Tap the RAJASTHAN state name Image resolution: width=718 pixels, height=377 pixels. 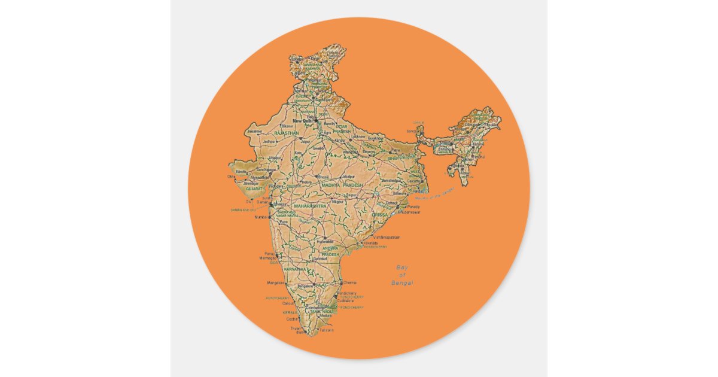(x=286, y=133)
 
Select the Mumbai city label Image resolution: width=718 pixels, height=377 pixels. (x=261, y=217)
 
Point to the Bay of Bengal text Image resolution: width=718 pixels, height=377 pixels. (x=401, y=275)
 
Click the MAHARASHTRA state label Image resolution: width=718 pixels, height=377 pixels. (x=311, y=206)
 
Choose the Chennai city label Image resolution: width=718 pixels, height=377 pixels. (x=350, y=282)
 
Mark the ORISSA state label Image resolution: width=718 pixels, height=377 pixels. (x=380, y=214)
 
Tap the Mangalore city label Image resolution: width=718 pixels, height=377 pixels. (x=276, y=282)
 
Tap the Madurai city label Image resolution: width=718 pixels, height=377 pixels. (x=325, y=315)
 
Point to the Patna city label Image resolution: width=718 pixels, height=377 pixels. (x=395, y=150)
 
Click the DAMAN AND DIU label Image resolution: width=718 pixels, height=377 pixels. (x=243, y=210)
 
